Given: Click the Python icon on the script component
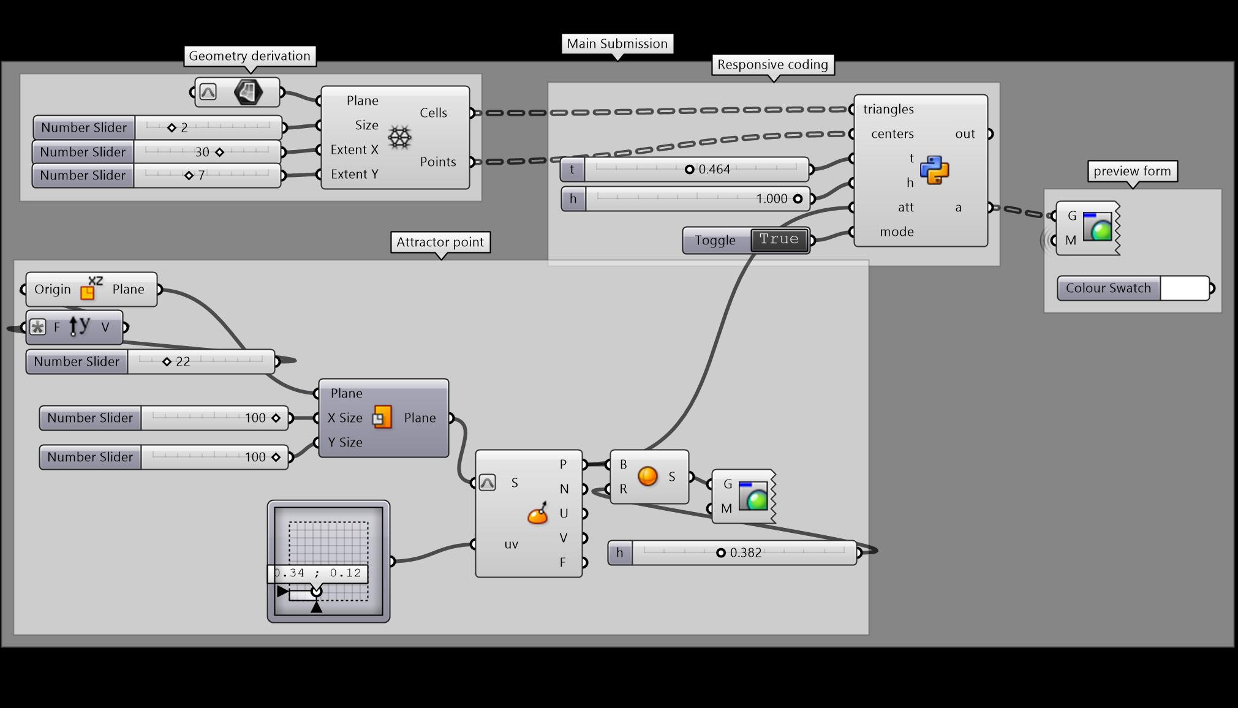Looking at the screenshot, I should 934,170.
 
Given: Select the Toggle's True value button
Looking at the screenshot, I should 779,239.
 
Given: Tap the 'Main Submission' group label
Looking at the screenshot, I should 617,43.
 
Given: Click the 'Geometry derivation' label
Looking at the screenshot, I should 249,56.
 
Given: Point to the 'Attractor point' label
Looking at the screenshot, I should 440,242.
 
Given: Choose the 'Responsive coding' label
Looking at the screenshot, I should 772,64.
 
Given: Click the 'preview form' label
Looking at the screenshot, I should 1131,171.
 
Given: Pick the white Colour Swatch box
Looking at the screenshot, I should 1185,288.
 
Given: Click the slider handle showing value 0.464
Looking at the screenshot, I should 689,169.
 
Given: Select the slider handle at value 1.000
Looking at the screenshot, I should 798,198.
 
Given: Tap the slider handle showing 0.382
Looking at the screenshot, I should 721,552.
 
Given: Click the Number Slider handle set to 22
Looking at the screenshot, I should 167,361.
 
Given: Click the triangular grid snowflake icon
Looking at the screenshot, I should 399,137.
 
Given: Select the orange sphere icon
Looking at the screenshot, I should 647,476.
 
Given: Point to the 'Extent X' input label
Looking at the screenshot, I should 354,149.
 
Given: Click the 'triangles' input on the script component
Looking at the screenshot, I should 888,109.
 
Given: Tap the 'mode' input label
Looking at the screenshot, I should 896,232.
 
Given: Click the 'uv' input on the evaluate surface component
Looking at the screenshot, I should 511,544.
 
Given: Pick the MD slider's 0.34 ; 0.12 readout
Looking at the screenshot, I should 318,573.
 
